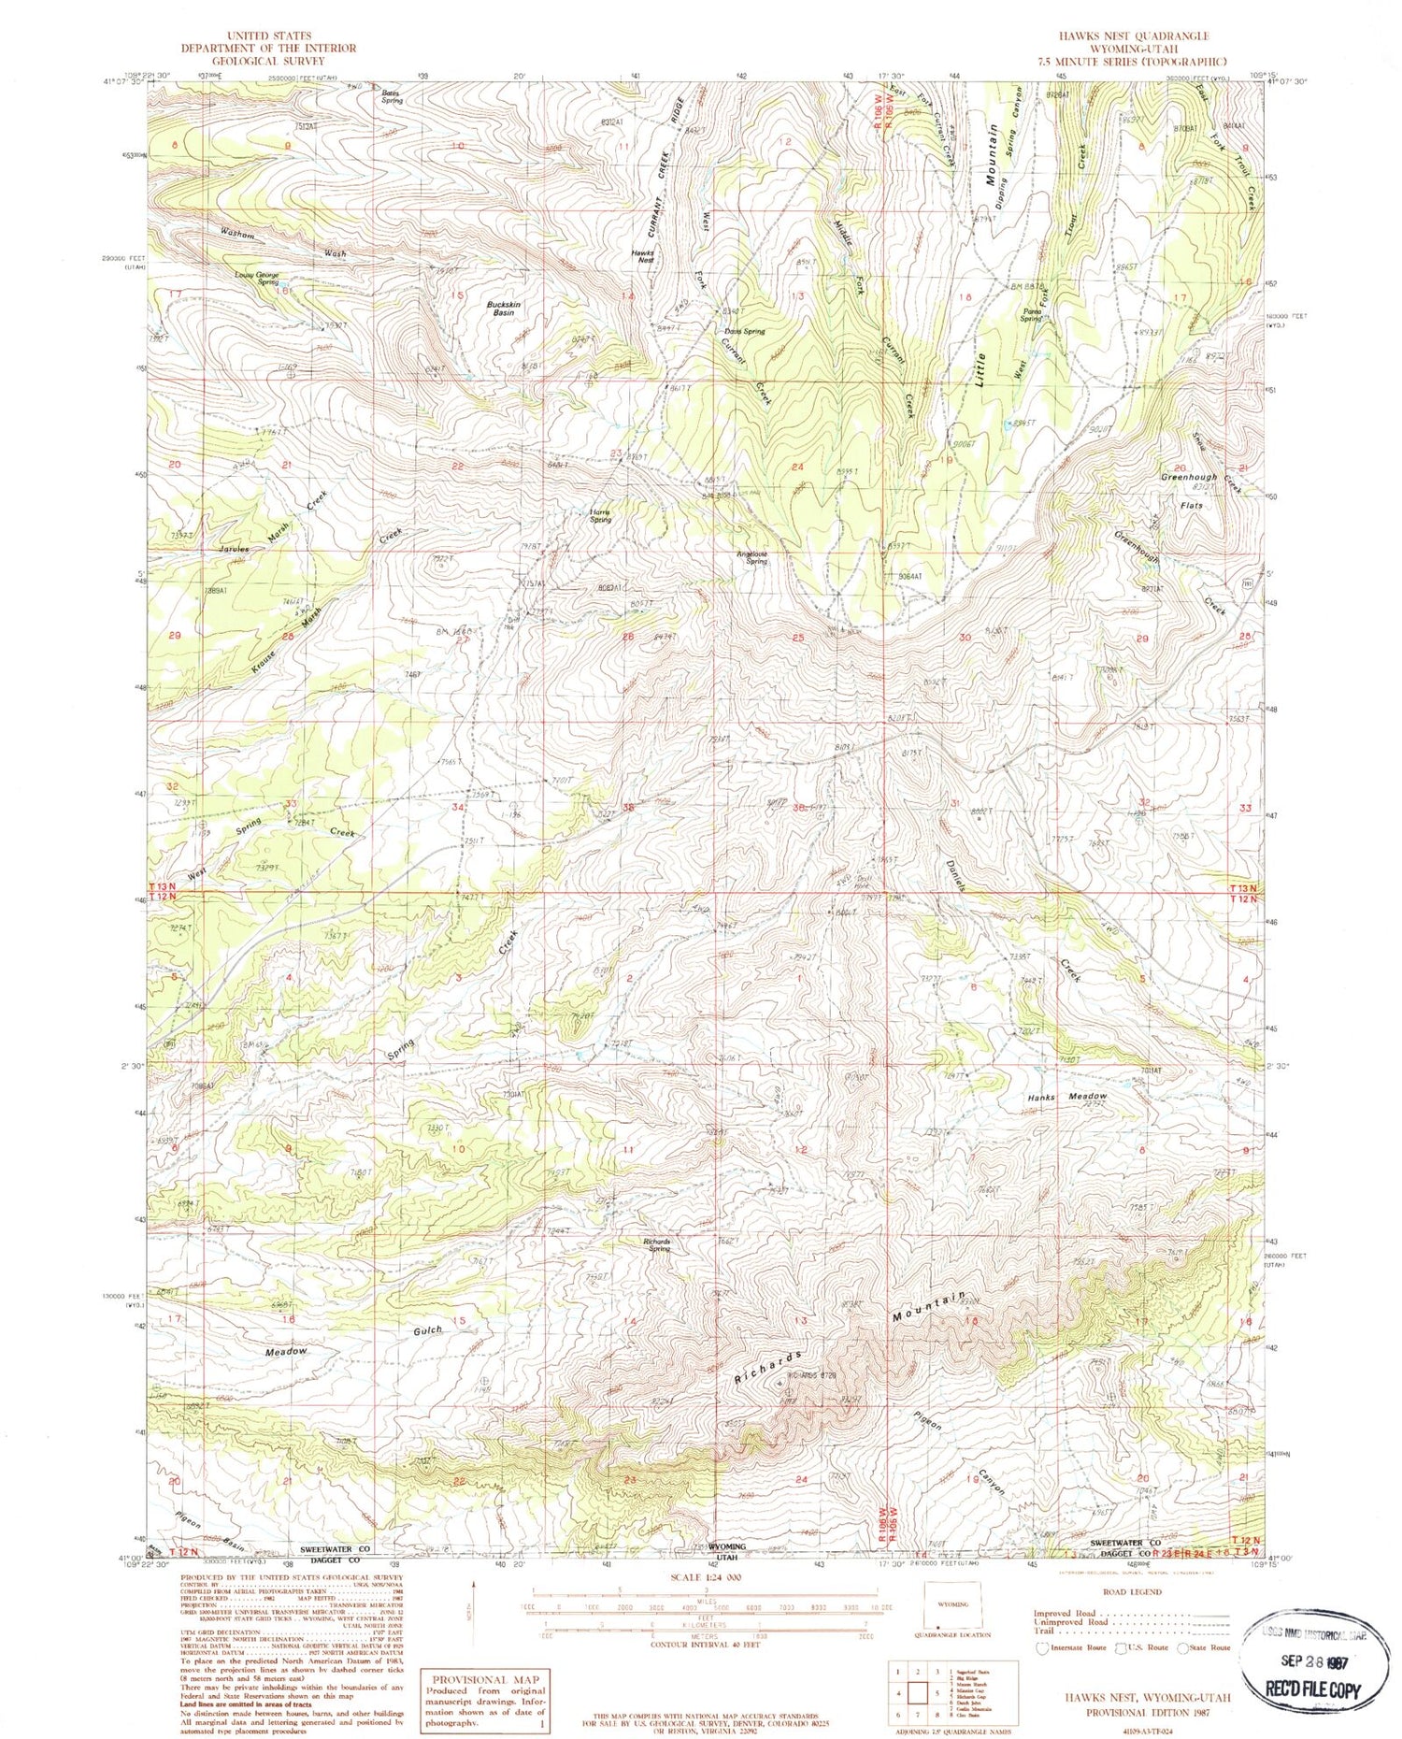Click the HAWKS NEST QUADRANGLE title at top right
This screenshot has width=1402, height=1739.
pyautogui.click(x=1133, y=36)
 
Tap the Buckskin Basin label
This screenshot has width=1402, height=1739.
pyautogui.click(x=503, y=309)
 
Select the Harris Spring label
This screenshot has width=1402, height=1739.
pyautogui.click(x=600, y=515)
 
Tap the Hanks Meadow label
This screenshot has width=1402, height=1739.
pyautogui.click(x=1066, y=1097)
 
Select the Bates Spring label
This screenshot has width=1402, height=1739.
pyautogui.click(x=391, y=96)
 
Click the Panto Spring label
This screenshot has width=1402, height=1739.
pyautogui.click(x=1031, y=315)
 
